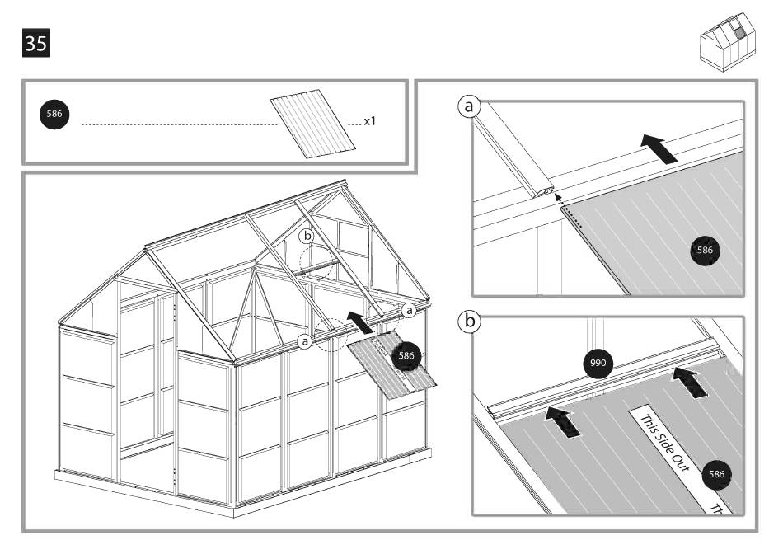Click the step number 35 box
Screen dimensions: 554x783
pyautogui.click(x=35, y=43)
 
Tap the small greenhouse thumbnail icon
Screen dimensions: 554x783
pyautogui.click(x=727, y=39)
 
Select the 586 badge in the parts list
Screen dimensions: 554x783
pyautogui.click(x=54, y=115)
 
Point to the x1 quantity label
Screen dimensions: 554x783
pyautogui.click(x=373, y=121)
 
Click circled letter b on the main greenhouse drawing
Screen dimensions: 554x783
pyautogui.click(x=307, y=236)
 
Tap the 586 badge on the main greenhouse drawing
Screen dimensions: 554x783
pyautogui.click(x=406, y=354)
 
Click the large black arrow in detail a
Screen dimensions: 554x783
pyautogui.click(x=660, y=149)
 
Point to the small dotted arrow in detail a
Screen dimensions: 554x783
pyautogui.click(x=558, y=196)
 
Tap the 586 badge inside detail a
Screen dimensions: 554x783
pyautogui.click(x=705, y=249)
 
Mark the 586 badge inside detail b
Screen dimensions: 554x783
pyautogui.click(x=715, y=475)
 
